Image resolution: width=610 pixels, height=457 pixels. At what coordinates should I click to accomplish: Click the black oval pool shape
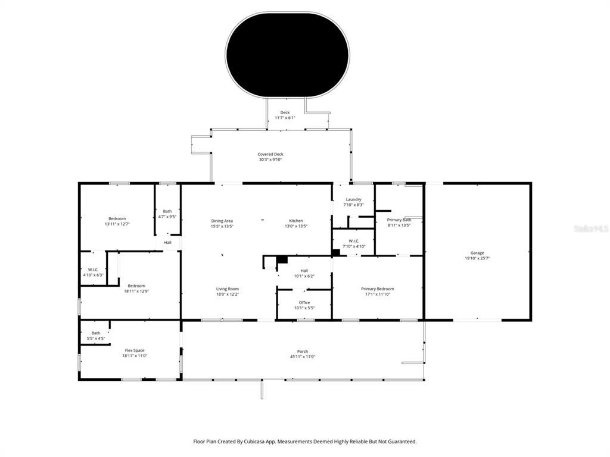[288, 55]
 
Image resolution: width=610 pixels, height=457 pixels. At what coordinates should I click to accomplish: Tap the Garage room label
[477, 253]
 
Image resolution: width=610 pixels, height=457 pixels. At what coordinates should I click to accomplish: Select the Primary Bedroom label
[377, 289]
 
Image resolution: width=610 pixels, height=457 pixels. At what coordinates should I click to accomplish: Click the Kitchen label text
[296, 221]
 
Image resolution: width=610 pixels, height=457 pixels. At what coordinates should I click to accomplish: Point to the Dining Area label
[222, 221]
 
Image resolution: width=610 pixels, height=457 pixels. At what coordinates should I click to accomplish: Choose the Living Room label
[227, 289]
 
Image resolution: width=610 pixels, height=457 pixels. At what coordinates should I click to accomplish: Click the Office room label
[304, 302]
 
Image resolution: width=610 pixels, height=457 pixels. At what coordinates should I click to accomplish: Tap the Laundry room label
[353, 199]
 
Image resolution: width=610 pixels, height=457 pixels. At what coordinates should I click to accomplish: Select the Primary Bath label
[399, 220]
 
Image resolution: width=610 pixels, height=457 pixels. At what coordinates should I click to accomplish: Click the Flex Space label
[134, 350]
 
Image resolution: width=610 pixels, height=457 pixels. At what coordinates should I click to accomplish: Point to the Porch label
[303, 351]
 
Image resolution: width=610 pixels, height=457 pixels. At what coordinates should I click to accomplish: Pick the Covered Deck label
[270, 154]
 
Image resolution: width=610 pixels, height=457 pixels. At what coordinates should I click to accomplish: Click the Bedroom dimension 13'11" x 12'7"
[117, 224]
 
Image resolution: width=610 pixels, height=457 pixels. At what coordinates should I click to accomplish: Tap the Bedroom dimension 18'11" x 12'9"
[136, 292]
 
